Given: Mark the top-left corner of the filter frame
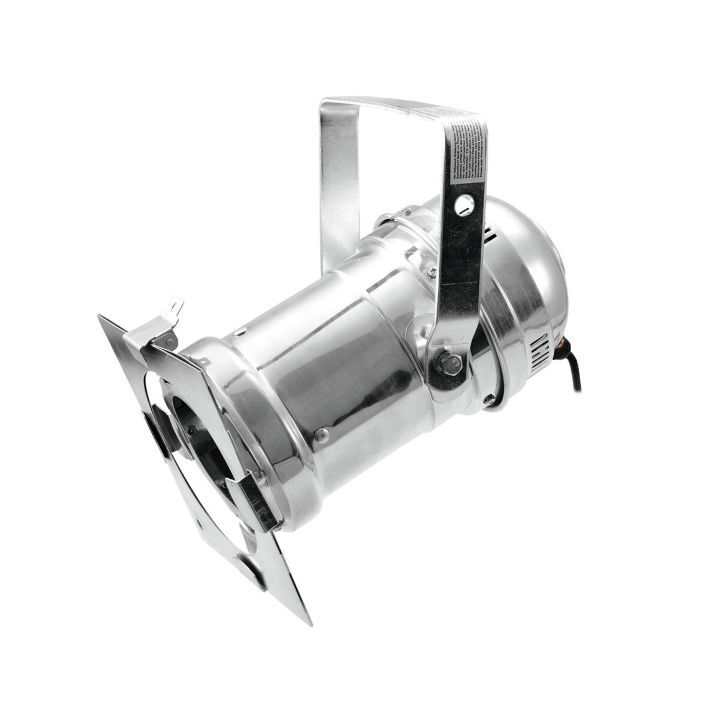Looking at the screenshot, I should pyautogui.click(x=99, y=316).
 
